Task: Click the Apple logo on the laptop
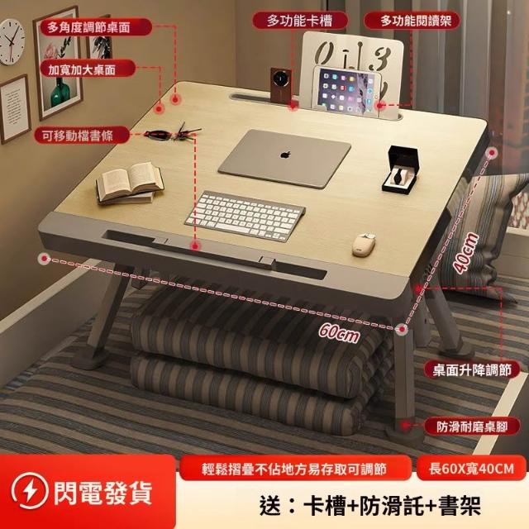click(285, 155)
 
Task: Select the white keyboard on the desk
click(245, 216)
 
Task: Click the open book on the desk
click(130, 183)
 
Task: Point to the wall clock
click(12, 42)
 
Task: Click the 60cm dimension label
click(339, 332)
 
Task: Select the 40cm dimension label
click(466, 253)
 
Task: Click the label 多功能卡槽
click(299, 21)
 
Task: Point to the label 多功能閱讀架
click(412, 21)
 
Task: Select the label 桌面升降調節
click(472, 370)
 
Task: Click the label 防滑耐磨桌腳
click(472, 427)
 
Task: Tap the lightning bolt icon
click(30, 491)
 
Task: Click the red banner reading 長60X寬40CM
click(471, 469)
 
